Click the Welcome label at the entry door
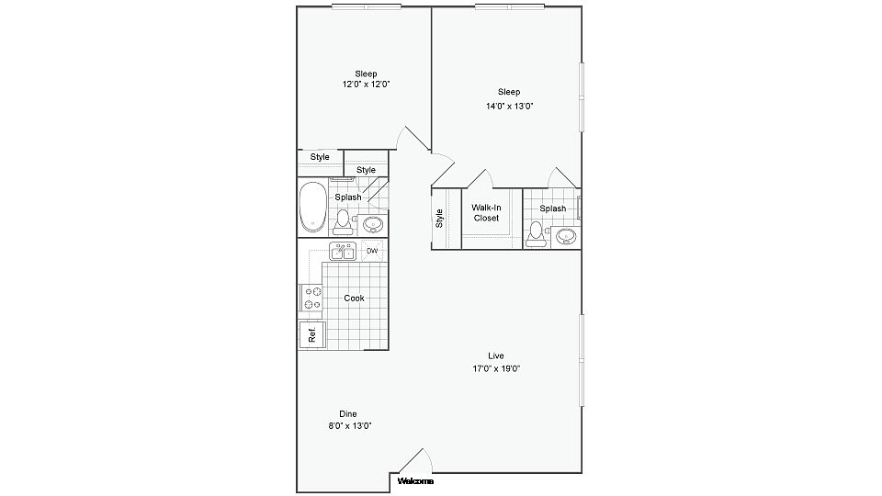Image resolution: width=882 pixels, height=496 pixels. [415, 481]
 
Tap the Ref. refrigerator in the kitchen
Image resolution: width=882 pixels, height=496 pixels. [312, 335]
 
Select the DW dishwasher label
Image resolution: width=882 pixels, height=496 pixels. [372, 251]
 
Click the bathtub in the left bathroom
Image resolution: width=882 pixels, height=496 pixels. [313, 207]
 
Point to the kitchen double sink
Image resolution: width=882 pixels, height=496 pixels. [343, 252]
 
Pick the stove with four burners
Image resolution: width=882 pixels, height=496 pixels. [311, 298]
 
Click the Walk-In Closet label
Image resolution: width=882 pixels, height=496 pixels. [486, 212]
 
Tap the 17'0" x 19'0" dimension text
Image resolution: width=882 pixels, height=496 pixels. [495, 369]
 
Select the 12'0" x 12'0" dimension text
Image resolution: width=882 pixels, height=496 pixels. [366, 85]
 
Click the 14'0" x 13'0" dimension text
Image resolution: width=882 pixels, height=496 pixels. [509, 106]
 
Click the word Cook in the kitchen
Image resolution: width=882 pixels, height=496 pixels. [354, 298]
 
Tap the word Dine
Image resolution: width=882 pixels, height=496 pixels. [347, 414]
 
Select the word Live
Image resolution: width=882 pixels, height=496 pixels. [495, 355]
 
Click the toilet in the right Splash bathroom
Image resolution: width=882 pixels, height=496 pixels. [536, 234]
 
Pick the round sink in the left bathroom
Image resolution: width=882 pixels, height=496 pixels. [373, 224]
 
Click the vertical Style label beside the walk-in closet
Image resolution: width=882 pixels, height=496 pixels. [439, 219]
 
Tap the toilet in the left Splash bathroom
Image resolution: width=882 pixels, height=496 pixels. [343, 222]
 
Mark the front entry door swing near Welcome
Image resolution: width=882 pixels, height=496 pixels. [416, 460]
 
